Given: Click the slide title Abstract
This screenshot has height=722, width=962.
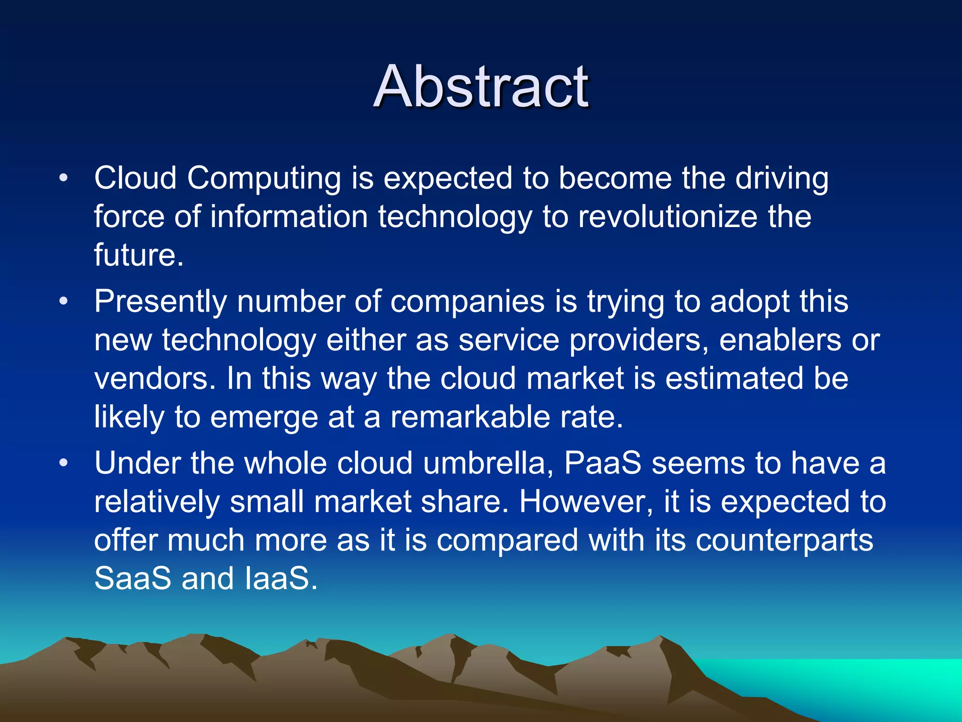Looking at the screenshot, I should (x=481, y=87).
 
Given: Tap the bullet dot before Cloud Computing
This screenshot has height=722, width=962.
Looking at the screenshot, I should (x=64, y=178).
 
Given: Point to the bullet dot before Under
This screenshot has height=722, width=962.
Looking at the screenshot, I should (x=64, y=463).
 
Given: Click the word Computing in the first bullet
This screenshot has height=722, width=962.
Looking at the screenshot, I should (x=264, y=179).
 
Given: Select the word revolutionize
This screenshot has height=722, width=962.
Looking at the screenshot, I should (x=667, y=217).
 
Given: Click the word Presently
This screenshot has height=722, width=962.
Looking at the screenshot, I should (x=160, y=302).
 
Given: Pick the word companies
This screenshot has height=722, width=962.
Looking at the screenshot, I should (x=467, y=302).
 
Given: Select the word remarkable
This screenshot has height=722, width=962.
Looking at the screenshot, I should (x=470, y=417).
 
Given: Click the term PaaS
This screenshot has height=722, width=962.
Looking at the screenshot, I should (x=603, y=463).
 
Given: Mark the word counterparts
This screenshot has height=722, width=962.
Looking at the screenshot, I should (x=784, y=541).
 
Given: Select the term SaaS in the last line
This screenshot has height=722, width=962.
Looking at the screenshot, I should (x=133, y=579).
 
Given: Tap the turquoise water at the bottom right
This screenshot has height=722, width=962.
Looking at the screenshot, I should (x=869, y=682).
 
